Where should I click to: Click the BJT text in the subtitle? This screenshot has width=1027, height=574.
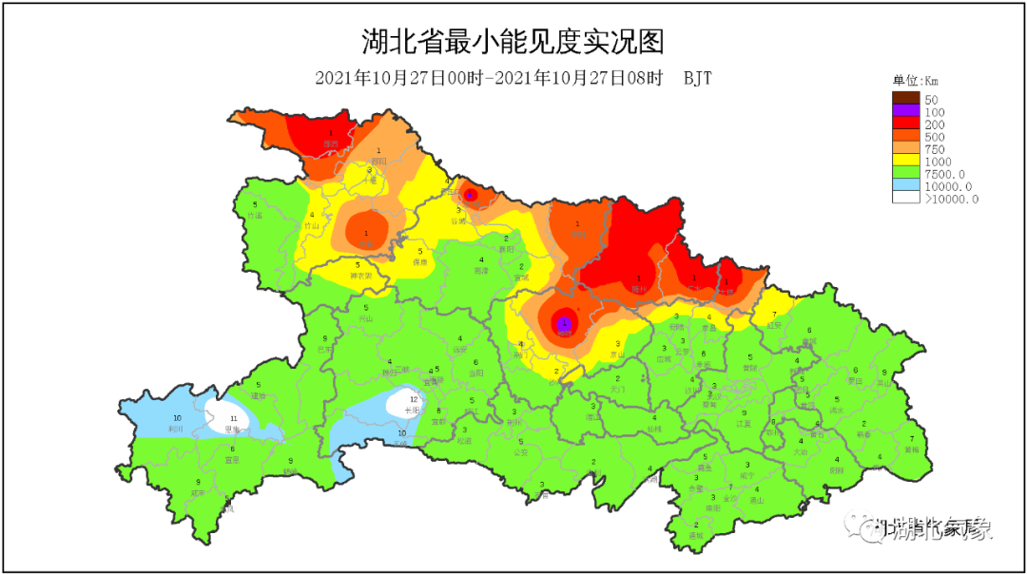tap(697, 79)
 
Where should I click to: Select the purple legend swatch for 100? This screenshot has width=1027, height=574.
tap(905, 112)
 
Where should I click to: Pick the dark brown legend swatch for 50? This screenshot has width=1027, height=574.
tap(905, 99)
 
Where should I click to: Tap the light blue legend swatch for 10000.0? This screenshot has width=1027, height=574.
tap(905, 186)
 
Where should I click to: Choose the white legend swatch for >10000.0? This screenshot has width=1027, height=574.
tap(905, 199)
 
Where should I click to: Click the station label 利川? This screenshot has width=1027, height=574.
tap(175, 429)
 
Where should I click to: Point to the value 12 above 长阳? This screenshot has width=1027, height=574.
tap(414, 399)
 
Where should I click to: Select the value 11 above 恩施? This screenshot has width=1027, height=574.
tap(233, 418)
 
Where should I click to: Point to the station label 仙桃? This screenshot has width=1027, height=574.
tap(653, 429)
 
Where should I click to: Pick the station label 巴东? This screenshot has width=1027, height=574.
tap(325, 350)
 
